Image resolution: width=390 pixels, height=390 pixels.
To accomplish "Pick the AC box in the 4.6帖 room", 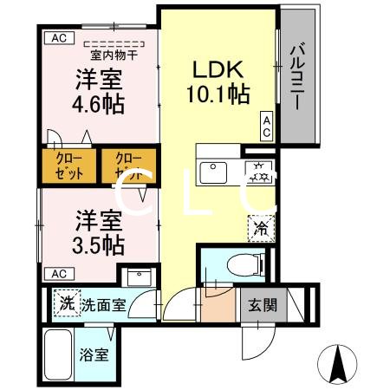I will click(58, 38).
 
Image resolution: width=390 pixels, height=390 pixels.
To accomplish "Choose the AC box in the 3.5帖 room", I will click(58, 274).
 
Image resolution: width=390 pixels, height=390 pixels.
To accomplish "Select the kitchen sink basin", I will click(212, 172).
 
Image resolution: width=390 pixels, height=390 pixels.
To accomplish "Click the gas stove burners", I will click(258, 172).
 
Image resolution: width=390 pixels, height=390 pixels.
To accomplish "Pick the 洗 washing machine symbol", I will click(66, 304).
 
